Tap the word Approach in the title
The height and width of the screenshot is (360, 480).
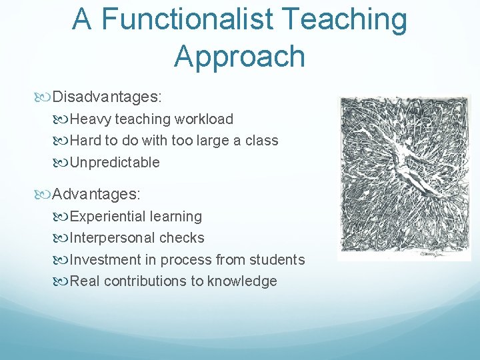[239, 57]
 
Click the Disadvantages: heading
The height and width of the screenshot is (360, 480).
[107, 97]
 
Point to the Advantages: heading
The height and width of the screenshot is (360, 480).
[97, 194]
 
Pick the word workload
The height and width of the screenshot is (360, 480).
[204, 119]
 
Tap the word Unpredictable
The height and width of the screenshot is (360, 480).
[115, 162]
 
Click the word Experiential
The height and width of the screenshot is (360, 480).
[108, 217]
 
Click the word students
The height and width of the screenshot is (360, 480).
[279, 259]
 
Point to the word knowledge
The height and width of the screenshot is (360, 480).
[242, 281]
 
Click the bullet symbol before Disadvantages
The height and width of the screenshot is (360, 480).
[45, 98]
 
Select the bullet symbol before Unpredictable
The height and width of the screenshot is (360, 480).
[62, 163]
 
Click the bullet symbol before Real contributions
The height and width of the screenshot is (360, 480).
[62, 281]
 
